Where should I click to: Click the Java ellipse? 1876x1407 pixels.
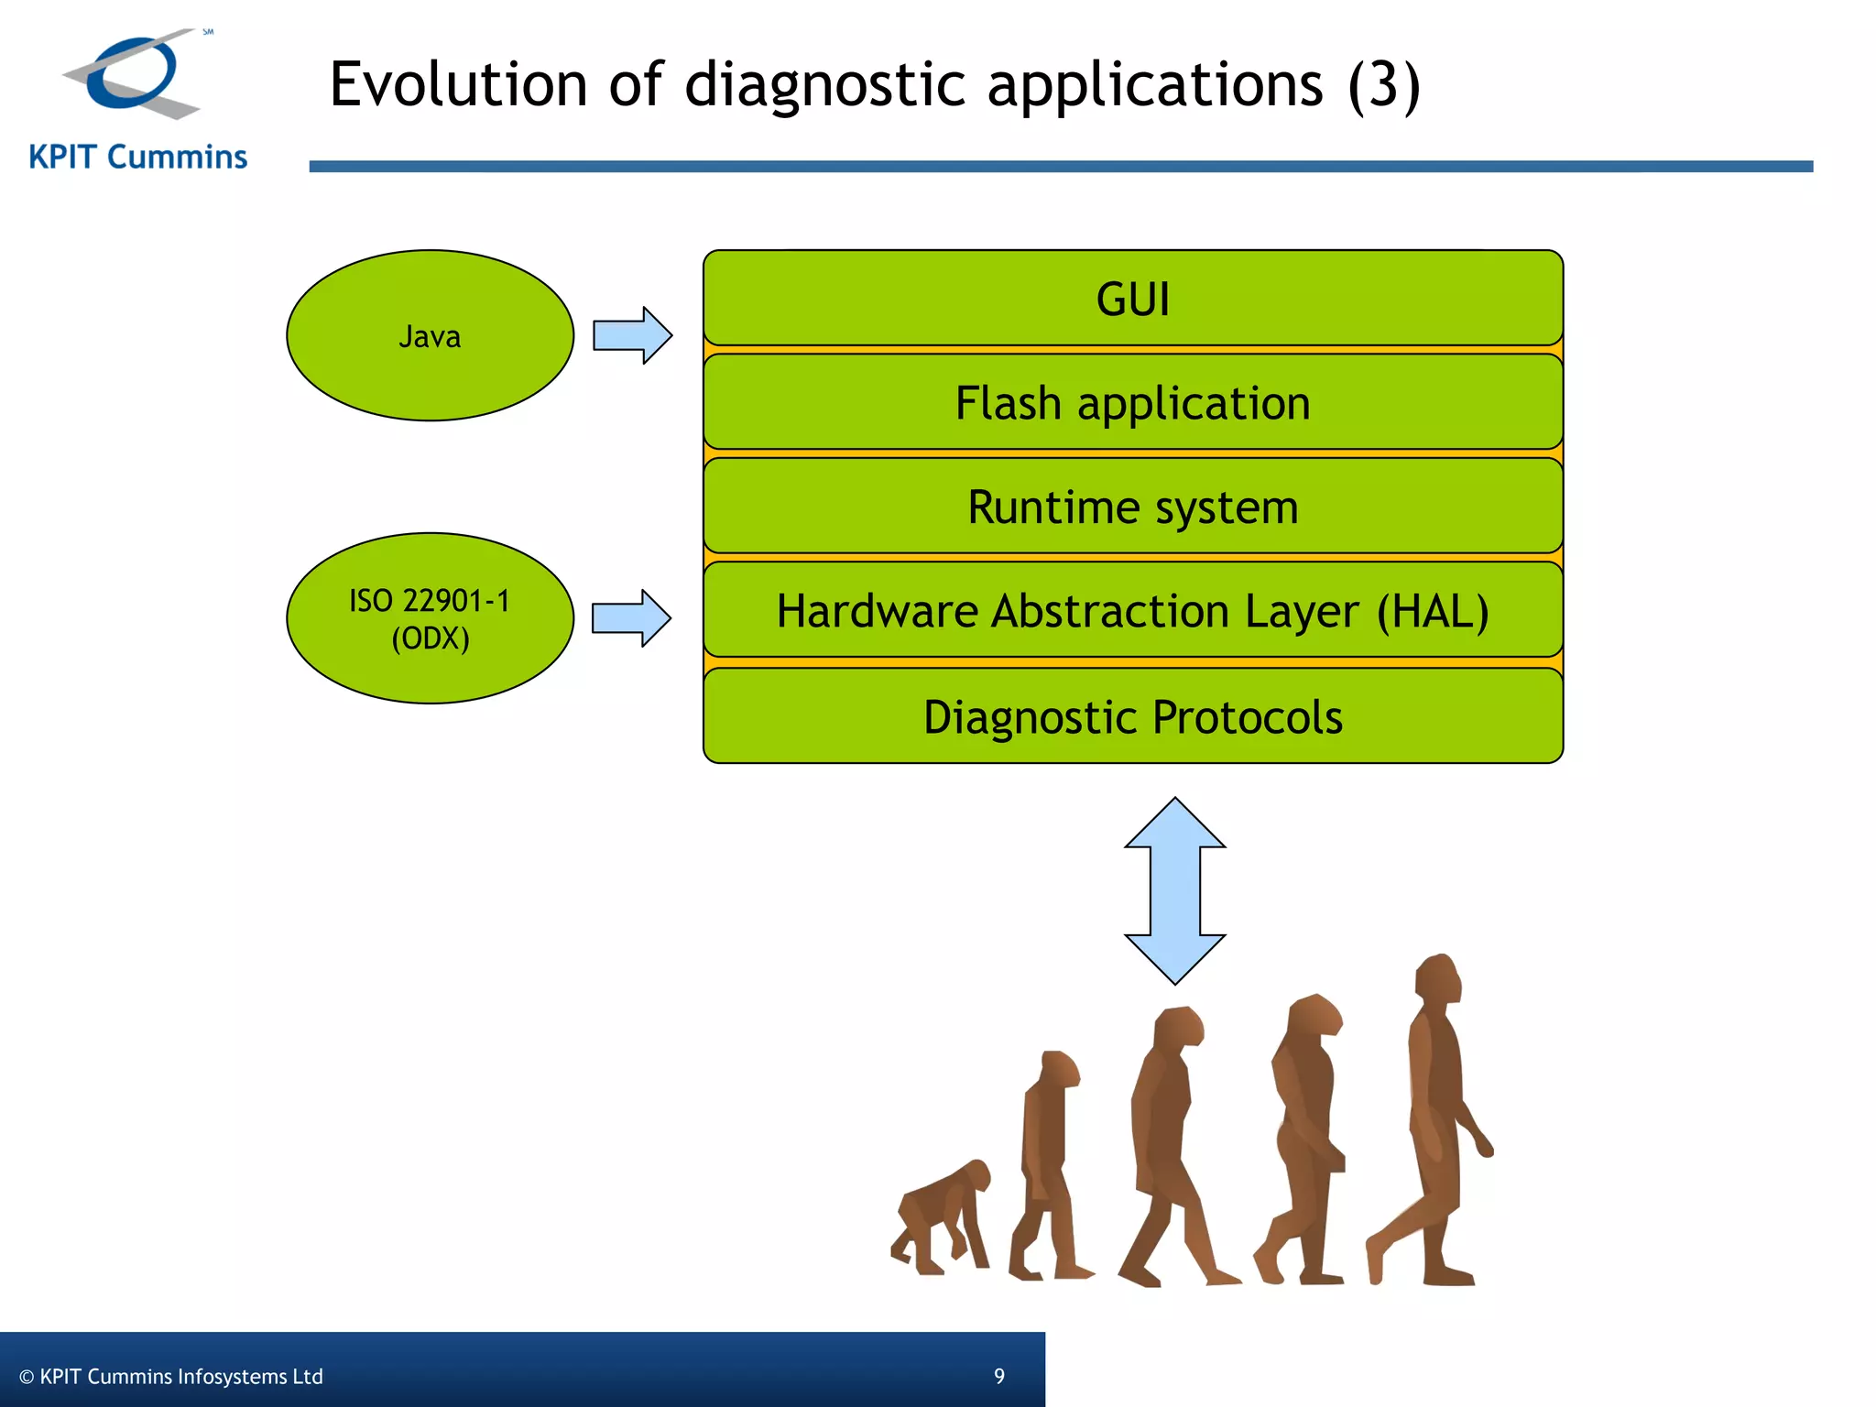point(430,335)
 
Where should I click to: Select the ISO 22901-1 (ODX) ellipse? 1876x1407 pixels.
point(430,618)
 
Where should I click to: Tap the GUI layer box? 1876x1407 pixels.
point(1132,299)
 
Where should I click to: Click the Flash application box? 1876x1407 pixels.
point(1132,403)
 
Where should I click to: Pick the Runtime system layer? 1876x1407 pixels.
point(1132,507)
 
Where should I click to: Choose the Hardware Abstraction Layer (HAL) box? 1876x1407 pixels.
point(1132,611)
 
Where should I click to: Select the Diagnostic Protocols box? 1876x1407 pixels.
point(1132,716)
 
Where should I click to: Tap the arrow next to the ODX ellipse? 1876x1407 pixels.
point(631,618)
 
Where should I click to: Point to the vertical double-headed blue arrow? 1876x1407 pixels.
point(1174,890)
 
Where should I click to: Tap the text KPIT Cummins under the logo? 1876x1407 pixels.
point(138,158)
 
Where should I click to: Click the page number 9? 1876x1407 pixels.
point(999,1376)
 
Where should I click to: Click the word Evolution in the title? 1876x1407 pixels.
point(458,84)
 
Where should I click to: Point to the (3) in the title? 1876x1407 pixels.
point(1383,85)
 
